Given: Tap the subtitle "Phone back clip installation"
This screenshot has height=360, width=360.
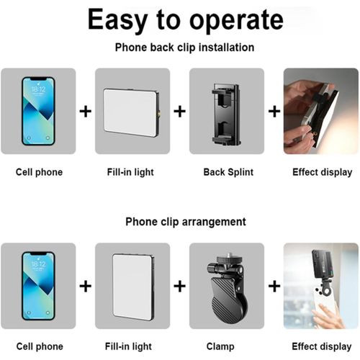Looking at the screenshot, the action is [x=184, y=48].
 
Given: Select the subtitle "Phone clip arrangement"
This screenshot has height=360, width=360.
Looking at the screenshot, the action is [x=186, y=222].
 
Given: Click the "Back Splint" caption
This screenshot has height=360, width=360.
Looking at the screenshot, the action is [x=228, y=172].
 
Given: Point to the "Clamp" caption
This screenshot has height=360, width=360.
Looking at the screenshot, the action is [x=220, y=346].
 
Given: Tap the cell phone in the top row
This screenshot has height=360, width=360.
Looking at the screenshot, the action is [x=38, y=111].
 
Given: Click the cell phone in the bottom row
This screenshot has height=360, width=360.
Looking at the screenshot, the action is [x=38, y=286].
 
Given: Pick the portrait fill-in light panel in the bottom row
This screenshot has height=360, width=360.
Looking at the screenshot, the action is [x=133, y=287].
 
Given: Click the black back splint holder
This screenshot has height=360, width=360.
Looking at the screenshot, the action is [x=226, y=114].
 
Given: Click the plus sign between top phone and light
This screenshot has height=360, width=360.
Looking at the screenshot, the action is [x=86, y=112].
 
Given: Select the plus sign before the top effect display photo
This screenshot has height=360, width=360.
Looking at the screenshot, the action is [x=274, y=112].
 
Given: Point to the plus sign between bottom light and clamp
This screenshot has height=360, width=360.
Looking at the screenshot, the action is [x=180, y=286].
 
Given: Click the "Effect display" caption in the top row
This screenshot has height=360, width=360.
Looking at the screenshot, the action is [x=323, y=172].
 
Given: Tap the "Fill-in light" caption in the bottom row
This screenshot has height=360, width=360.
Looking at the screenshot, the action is [x=128, y=346].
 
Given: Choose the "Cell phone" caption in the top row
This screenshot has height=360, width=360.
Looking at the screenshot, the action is [x=39, y=172].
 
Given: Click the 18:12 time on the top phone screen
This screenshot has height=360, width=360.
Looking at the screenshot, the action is [x=38, y=89].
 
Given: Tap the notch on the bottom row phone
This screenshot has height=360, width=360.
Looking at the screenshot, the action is [x=38, y=253].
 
